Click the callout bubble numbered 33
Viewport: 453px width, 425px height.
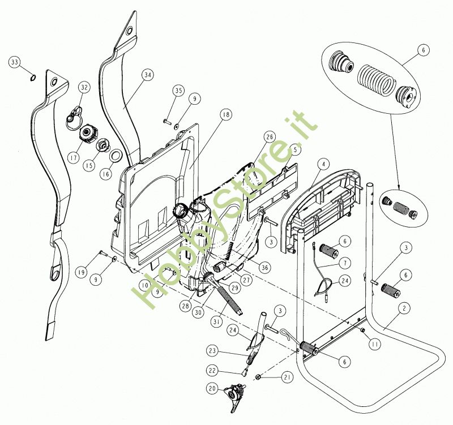click(15, 62)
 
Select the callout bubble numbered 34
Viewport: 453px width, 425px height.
click(148, 75)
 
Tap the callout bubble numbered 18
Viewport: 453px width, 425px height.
click(225, 115)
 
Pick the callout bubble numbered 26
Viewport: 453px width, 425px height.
click(270, 137)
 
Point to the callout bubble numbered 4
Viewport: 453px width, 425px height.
click(323, 164)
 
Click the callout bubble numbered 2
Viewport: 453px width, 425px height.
click(404, 308)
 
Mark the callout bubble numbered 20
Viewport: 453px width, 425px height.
click(212, 389)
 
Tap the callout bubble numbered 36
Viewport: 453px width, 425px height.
click(265, 267)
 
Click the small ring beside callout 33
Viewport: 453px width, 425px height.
click(33, 77)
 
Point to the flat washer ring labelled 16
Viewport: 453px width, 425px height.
click(116, 156)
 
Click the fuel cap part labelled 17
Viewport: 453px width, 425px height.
click(88, 134)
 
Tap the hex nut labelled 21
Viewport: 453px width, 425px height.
click(259, 376)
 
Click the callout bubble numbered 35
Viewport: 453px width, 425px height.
click(178, 91)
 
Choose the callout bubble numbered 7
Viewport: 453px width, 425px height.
click(345, 263)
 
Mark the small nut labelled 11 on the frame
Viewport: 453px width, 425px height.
click(362, 330)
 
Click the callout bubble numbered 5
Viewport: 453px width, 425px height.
click(295, 149)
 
